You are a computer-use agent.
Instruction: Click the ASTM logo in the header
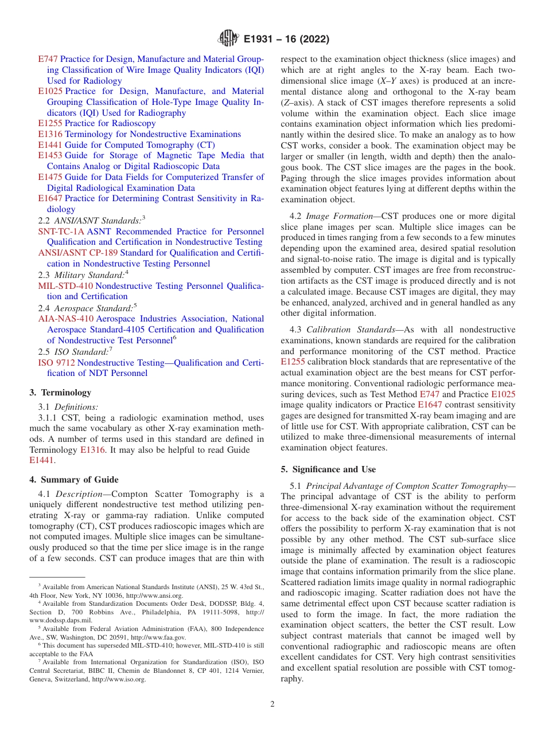pyautogui.click(x=228, y=40)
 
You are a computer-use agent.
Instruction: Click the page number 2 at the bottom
pyautogui.click(x=272, y=704)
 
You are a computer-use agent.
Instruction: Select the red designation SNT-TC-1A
pyautogui.click(x=61, y=232)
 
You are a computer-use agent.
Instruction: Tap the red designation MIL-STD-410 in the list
pyautogui.click(x=65, y=285)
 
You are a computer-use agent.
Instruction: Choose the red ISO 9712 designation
pyautogui.click(x=56, y=363)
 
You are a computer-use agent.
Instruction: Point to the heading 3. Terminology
pyautogui.click(x=60, y=393)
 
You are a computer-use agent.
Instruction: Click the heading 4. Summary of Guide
pyautogui.click(x=73, y=480)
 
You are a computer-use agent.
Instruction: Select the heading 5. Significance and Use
pyautogui.click(x=328, y=469)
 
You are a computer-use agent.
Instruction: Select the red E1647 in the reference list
pyautogui.click(x=50, y=198)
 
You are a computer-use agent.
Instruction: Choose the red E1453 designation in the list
pyautogui.click(x=50, y=155)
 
